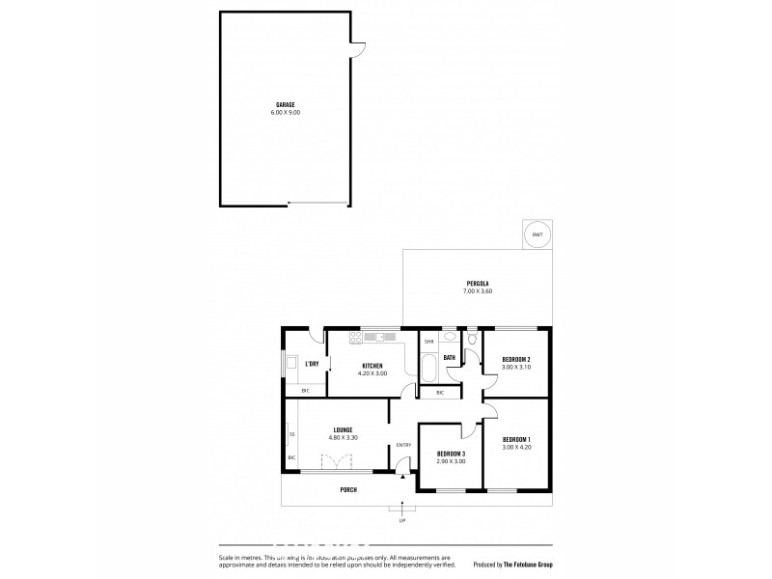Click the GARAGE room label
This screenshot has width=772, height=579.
(x=285, y=104)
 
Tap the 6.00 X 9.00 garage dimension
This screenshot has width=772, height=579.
(x=285, y=113)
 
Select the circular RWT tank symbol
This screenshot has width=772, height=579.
(x=536, y=234)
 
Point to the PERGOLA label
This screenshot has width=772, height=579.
(x=478, y=283)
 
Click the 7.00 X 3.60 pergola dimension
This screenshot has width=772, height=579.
(x=478, y=291)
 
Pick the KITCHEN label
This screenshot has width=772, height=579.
(x=373, y=365)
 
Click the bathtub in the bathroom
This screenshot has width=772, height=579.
(x=427, y=368)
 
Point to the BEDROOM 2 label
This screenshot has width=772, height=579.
(x=516, y=360)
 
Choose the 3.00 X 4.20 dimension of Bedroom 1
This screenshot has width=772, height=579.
(x=517, y=448)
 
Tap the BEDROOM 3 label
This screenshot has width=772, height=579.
(x=451, y=454)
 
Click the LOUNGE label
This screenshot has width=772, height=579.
(x=344, y=429)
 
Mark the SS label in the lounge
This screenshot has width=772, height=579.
(x=291, y=434)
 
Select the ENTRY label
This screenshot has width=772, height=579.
(x=403, y=445)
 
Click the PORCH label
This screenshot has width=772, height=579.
(x=348, y=490)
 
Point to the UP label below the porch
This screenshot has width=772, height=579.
(x=402, y=520)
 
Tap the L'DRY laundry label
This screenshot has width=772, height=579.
(x=312, y=365)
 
